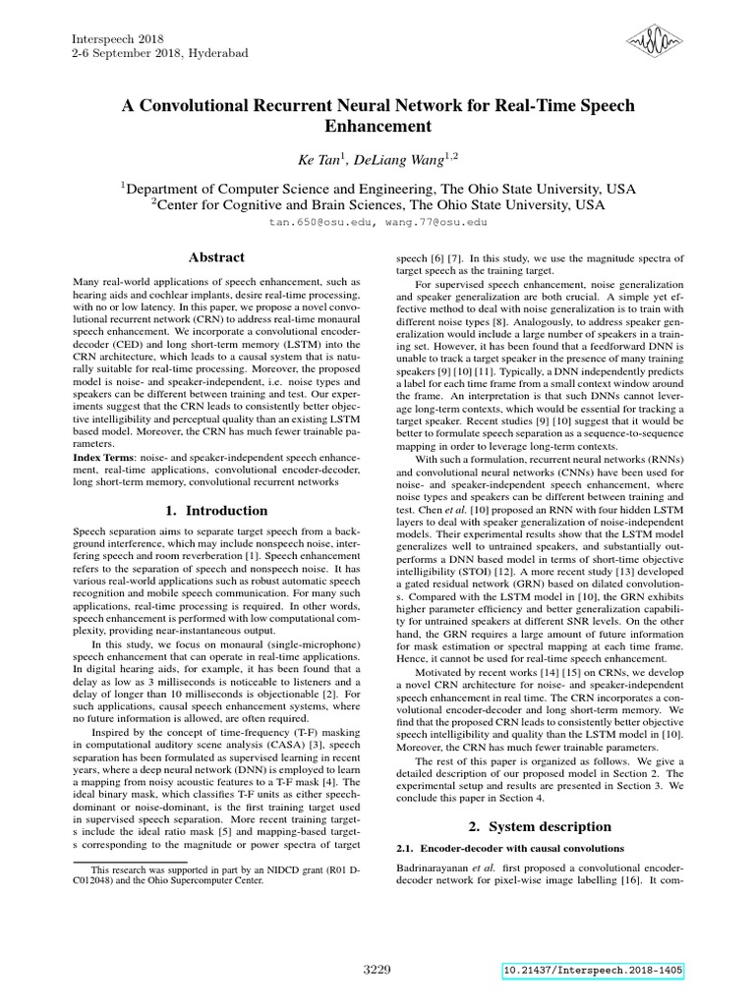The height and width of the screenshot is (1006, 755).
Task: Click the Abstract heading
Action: click(217, 257)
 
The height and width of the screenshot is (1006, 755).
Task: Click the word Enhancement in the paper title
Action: click(377, 126)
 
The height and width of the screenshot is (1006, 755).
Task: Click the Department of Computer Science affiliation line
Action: click(377, 188)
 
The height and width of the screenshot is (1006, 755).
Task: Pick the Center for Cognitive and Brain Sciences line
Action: click(377, 205)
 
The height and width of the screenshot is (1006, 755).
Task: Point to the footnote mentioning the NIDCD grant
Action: click(217, 875)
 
